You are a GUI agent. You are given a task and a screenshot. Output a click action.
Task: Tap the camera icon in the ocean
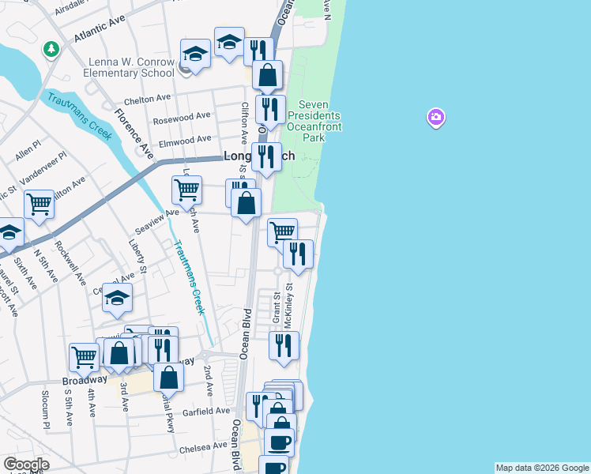point(435,118)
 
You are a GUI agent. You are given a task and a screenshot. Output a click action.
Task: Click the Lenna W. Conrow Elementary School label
point(121,67)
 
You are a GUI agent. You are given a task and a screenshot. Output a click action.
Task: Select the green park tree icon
point(51,50)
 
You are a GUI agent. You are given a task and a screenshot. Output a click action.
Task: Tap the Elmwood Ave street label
point(185,141)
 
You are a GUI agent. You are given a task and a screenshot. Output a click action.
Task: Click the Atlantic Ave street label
point(100,36)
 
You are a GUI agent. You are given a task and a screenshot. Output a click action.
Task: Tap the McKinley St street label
point(288,307)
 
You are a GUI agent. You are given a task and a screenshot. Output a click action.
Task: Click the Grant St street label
point(277,307)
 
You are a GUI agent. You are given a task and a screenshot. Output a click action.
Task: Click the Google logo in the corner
point(26,465)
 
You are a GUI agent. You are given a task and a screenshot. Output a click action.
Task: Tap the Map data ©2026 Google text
point(542,468)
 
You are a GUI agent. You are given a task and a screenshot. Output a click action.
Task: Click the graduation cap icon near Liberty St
point(117,298)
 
